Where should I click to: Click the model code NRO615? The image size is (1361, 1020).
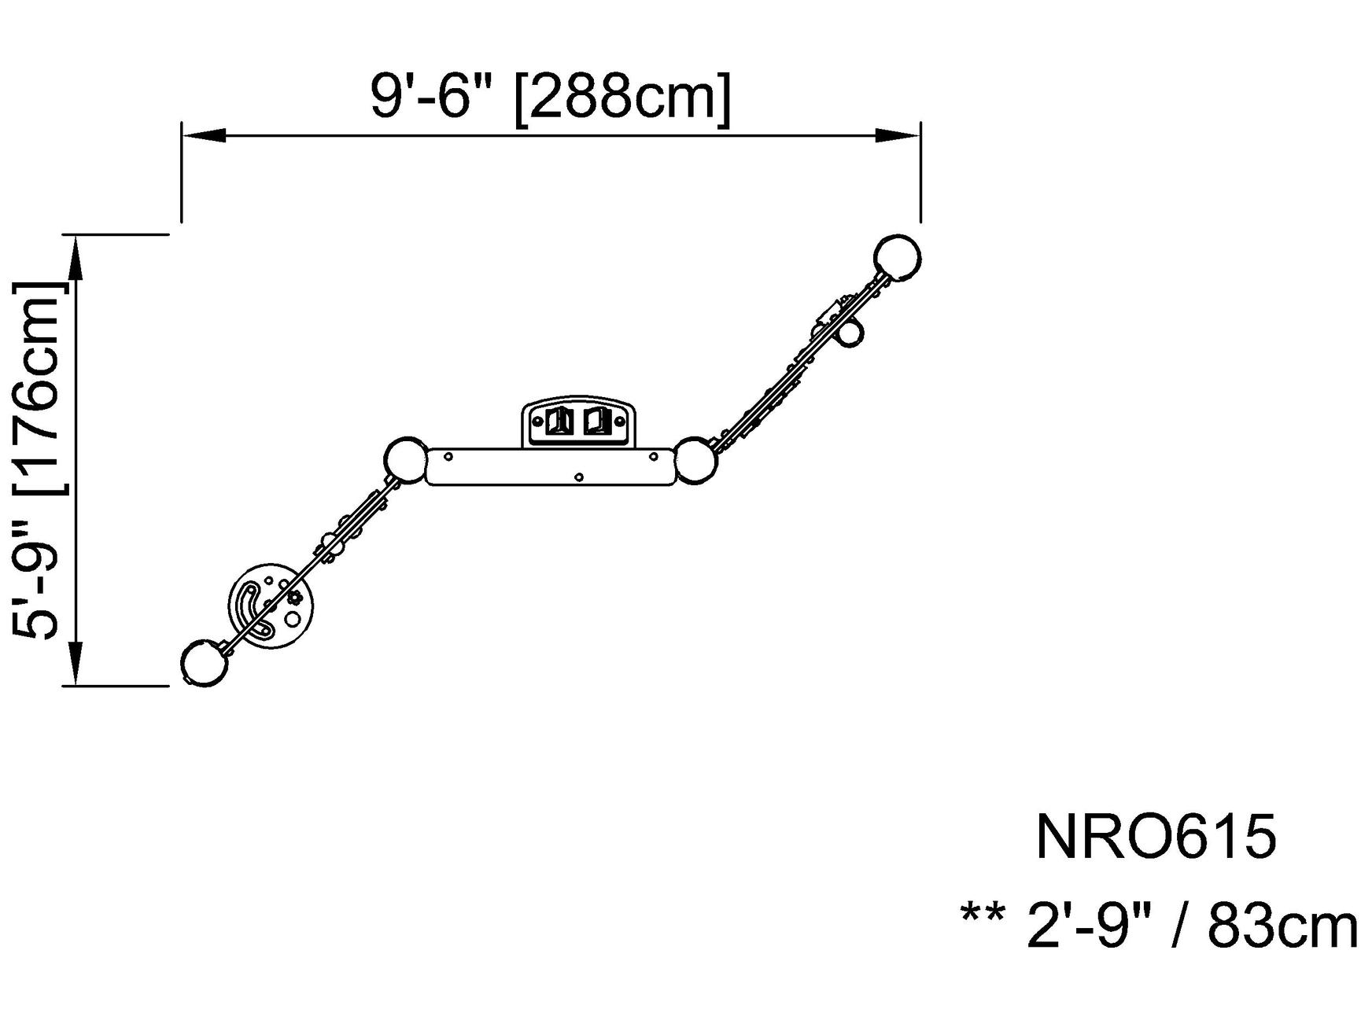[1155, 838]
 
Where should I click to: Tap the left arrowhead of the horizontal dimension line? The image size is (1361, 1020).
[204, 136]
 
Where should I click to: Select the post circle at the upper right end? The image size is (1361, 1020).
[897, 256]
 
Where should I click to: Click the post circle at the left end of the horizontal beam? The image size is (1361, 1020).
[406, 459]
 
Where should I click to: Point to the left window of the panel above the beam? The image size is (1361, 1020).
[558, 422]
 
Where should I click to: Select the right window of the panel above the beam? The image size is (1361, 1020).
[596, 422]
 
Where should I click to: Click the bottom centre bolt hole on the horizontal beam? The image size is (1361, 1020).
[579, 477]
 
